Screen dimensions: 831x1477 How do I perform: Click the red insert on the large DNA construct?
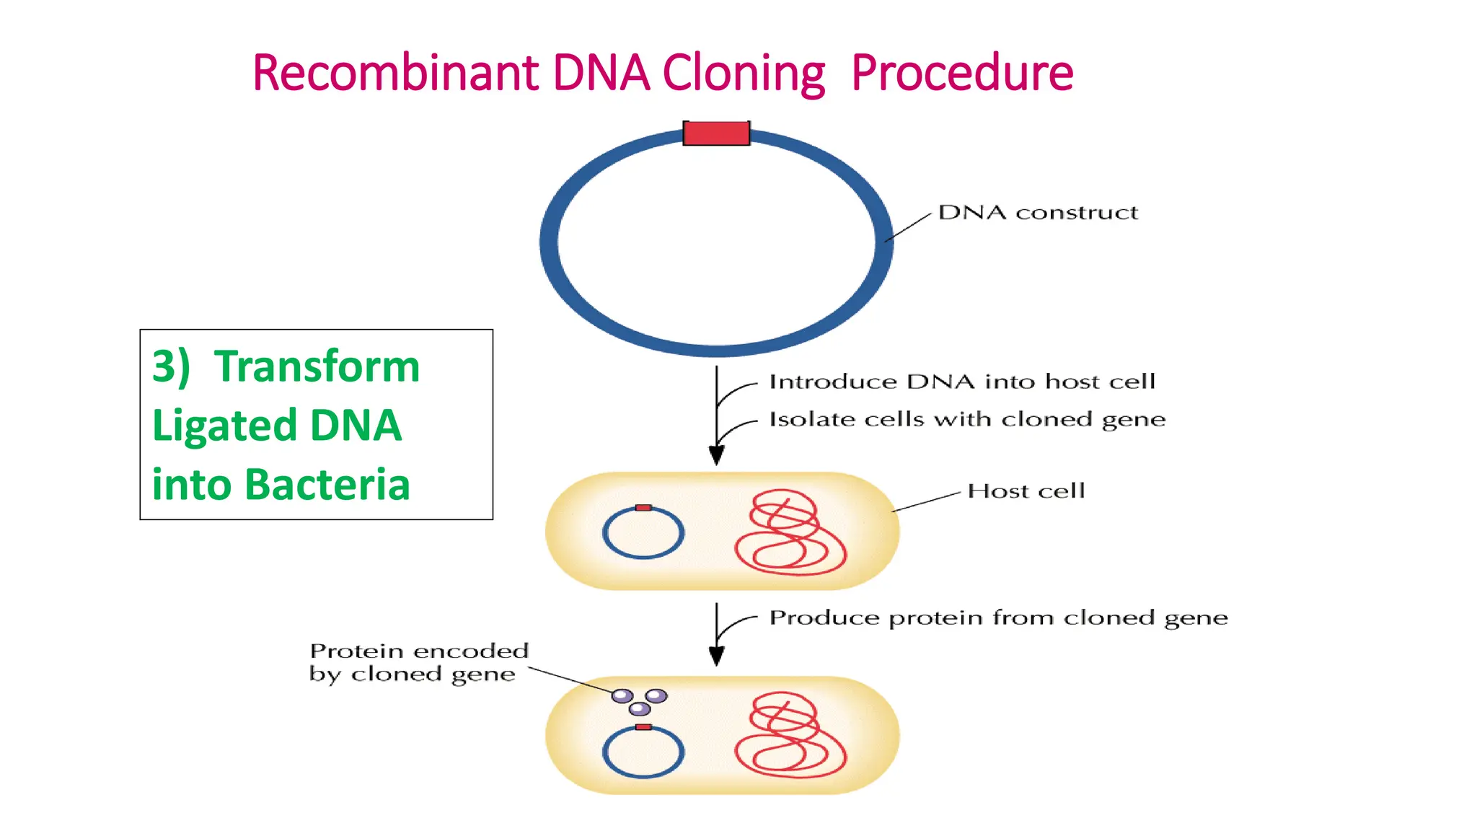tap(716, 133)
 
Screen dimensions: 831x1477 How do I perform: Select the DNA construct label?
tap(1037, 212)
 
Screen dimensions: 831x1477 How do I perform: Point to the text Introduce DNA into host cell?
tap(961, 381)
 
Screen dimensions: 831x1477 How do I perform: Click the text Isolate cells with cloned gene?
tap(966, 419)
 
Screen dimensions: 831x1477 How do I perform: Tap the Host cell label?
tap(1026, 491)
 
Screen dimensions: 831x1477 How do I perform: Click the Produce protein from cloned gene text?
tap(998, 618)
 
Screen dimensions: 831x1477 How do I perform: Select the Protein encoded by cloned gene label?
tap(418, 662)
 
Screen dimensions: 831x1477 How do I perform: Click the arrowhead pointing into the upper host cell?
tap(716, 455)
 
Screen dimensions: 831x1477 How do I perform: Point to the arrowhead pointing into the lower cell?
tap(716, 656)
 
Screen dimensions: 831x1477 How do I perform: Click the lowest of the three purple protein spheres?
tap(640, 708)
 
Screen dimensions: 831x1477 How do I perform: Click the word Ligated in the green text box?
tap(224, 425)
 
